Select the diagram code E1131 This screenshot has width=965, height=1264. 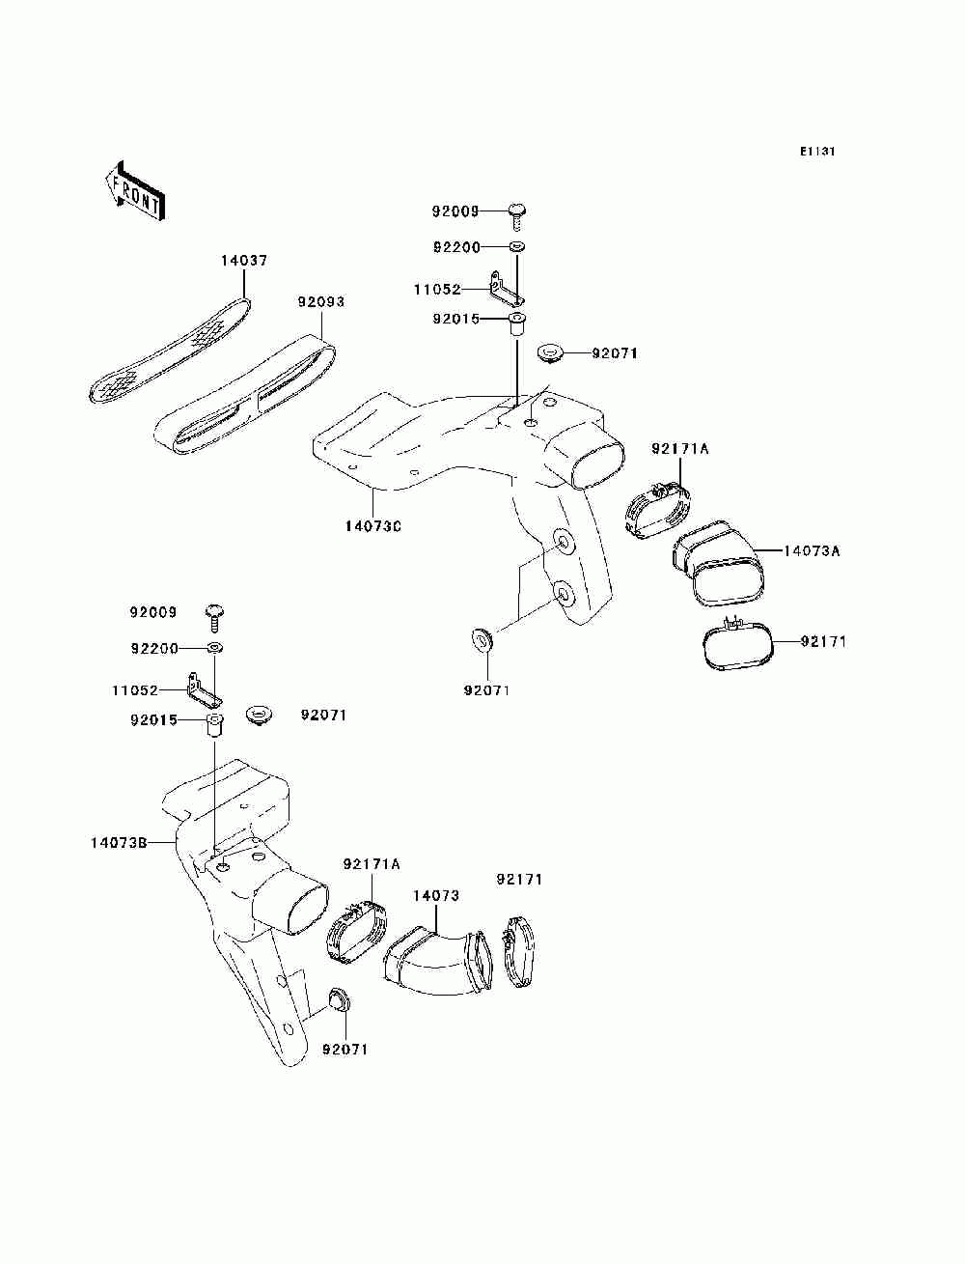click(816, 152)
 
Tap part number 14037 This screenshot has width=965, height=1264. click(243, 261)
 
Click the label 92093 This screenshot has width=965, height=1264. click(320, 302)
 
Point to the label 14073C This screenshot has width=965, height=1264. click(372, 526)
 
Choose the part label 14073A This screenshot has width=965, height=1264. click(812, 551)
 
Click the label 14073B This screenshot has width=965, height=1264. click(119, 842)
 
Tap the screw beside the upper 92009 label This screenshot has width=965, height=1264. click(519, 211)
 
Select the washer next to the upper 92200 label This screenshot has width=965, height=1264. click(517, 247)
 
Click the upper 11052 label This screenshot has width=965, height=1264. click(437, 289)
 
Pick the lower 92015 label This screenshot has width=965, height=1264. click(154, 720)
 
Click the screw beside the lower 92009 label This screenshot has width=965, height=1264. click(214, 612)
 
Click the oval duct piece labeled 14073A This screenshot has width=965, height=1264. click(721, 564)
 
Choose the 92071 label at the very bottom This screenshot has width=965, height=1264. click(345, 1050)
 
